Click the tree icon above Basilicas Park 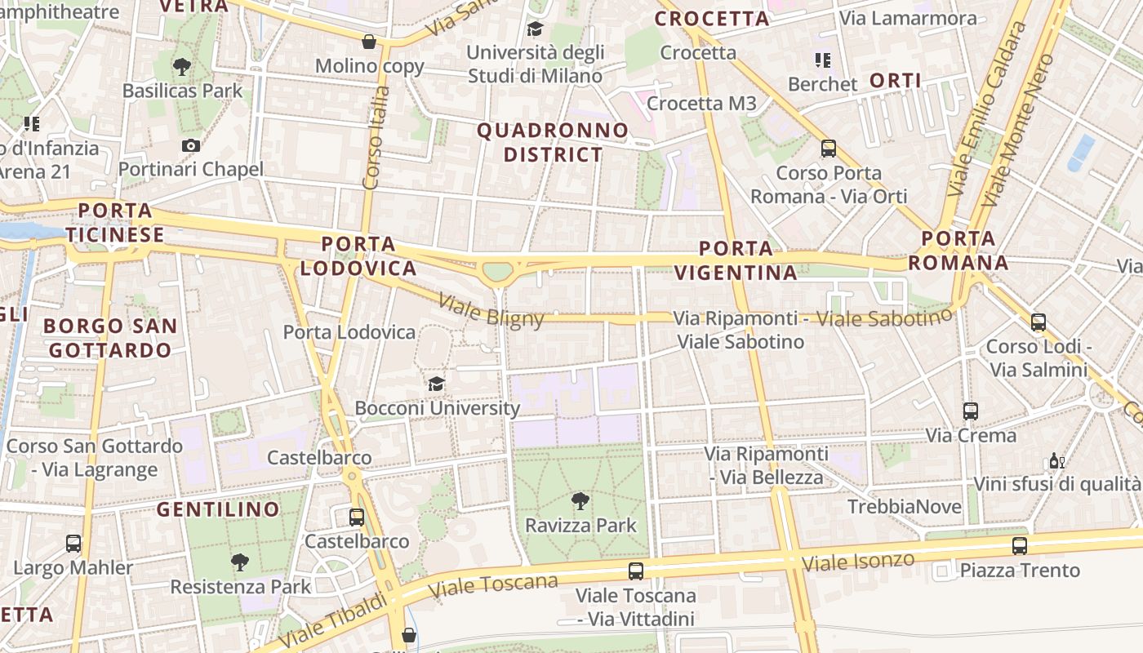click(x=182, y=67)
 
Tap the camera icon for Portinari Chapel click(x=191, y=146)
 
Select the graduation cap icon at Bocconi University click(x=437, y=384)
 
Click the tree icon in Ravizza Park click(x=580, y=500)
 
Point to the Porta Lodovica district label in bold click(x=358, y=255)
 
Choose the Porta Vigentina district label click(x=736, y=260)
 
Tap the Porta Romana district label click(x=958, y=251)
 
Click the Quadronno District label click(x=553, y=142)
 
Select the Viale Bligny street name click(x=491, y=310)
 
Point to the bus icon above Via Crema click(x=970, y=411)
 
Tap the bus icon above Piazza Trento click(x=1019, y=546)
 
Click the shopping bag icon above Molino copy click(x=369, y=42)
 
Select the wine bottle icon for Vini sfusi click(x=1056, y=461)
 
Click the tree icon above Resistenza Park click(x=239, y=562)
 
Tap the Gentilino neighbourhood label click(x=218, y=510)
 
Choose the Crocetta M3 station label click(x=701, y=104)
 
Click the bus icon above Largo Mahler click(x=73, y=543)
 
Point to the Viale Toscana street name click(x=493, y=584)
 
